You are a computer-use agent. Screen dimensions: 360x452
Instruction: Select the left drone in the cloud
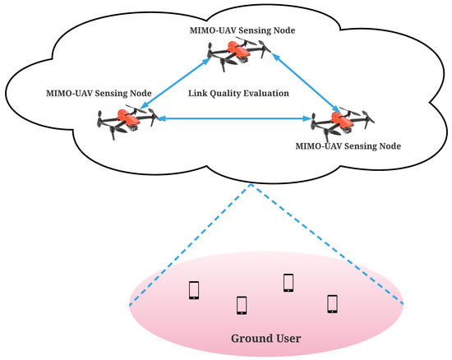(x=126, y=118)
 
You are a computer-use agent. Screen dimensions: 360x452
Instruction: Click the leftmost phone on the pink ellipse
(x=194, y=290)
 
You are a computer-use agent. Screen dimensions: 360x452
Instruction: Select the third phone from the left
(x=288, y=282)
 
